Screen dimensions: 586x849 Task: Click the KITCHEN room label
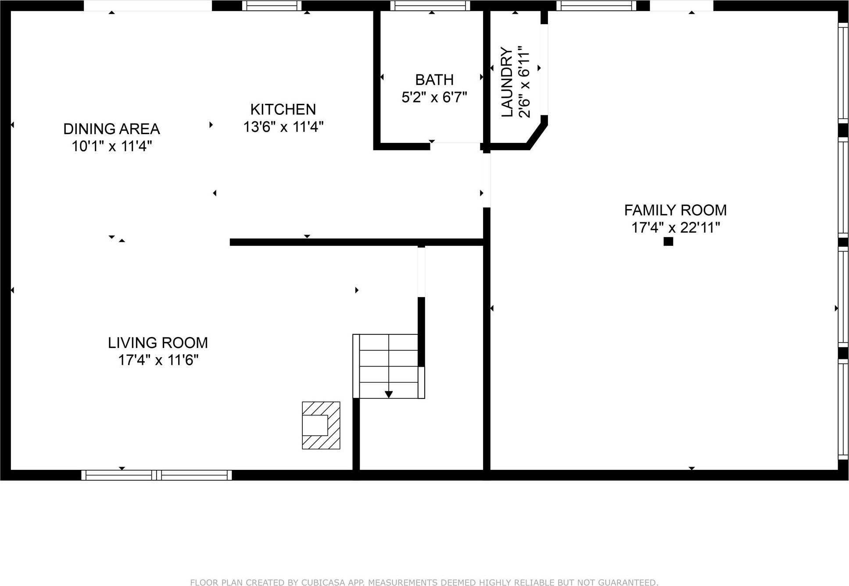click(x=283, y=109)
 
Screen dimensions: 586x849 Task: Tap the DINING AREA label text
click(x=111, y=129)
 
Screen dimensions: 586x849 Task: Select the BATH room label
click(x=434, y=80)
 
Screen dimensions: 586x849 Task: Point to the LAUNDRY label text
click(x=507, y=82)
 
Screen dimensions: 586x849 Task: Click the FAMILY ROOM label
click(x=675, y=210)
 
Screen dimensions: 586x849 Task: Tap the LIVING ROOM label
click(x=158, y=343)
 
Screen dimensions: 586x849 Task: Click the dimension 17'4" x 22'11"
click(x=676, y=228)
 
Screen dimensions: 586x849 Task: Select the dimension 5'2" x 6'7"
click(x=434, y=97)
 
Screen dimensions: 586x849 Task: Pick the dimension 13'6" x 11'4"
click(x=283, y=127)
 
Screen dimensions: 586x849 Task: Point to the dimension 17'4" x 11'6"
click(x=158, y=360)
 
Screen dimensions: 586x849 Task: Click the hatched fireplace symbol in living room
click(x=321, y=425)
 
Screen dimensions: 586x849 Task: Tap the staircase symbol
click(x=388, y=366)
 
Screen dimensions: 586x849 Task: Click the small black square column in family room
click(x=668, y=241)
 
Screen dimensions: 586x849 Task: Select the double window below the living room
click(x=157, y=475)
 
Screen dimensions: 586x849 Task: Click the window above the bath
click(x=430, y=6)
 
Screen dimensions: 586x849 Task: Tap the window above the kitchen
click(x=272, y=6)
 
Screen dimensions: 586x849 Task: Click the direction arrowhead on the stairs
click(x=389, y=394)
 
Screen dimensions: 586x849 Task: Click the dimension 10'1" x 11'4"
click(x=111, y=146)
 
